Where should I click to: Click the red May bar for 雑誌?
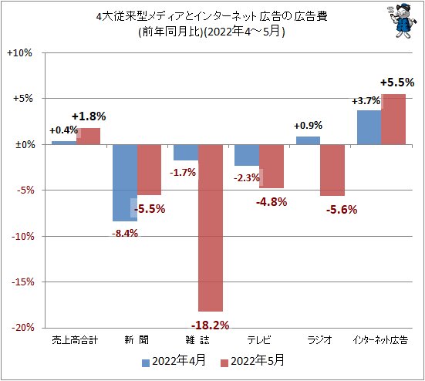coord(210,228)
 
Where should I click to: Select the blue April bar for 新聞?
coord(125,183)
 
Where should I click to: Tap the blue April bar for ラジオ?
coord(308,140)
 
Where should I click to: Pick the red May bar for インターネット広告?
coord(393,119)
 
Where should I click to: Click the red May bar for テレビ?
coord(272,167)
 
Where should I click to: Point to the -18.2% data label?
coord(210,325)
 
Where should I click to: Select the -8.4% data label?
coord(123,234)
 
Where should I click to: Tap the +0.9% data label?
coord(309,125)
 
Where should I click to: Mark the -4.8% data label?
coord(271,202)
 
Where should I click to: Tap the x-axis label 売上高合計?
coord(76,339)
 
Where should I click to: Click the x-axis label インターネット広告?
coord(380,339)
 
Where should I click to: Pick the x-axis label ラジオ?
coord(320,339)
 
